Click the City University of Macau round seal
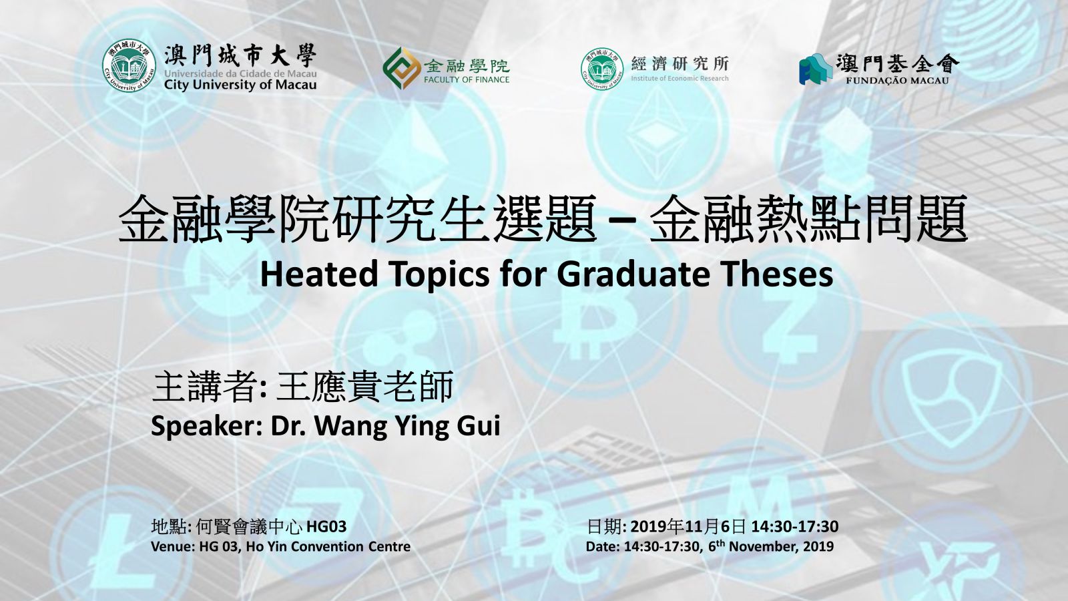pos(129,66)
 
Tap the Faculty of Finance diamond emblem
pos(401,68)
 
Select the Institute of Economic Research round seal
pos(602,69)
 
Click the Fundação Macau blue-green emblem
pos(815,69)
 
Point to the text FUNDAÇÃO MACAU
pos(897,81)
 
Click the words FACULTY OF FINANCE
pos(467,79)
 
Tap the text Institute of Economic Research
pos(680,78)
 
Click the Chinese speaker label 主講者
pos(206,387)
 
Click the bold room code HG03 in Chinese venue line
pos(326,527)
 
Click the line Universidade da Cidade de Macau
pos(240,73)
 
